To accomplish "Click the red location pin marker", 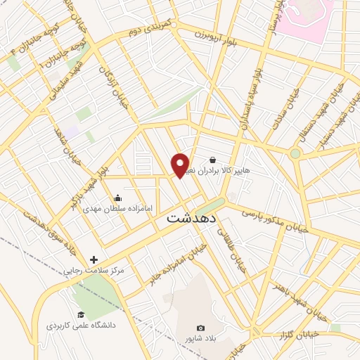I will tap(181, 165).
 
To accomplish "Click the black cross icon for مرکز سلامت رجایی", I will tap(94, 259).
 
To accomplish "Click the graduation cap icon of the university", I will tap(81, 314).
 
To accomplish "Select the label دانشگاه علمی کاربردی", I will tap(81, 326).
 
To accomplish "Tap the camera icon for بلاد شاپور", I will tap(200, 328).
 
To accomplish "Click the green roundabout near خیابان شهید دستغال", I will tap(295, 153).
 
